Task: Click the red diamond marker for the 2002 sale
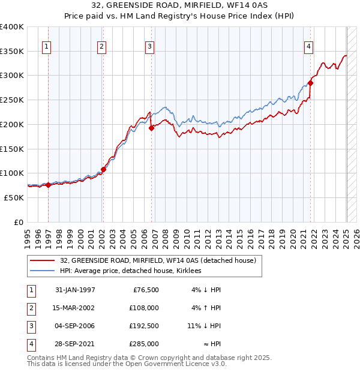point(103,169)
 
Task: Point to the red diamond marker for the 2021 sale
point(311,83)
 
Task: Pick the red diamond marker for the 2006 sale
point(151,128)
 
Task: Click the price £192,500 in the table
point(144,326)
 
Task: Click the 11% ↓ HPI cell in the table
point(204,326)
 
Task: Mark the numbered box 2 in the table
point(30,308)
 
